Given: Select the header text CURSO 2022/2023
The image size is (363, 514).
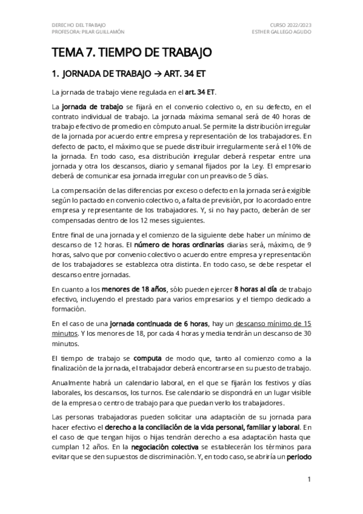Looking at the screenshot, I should point(289,24).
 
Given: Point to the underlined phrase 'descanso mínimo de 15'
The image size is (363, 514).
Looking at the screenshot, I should point(274,324).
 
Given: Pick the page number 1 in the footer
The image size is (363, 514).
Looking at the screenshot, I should point(309,479).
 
